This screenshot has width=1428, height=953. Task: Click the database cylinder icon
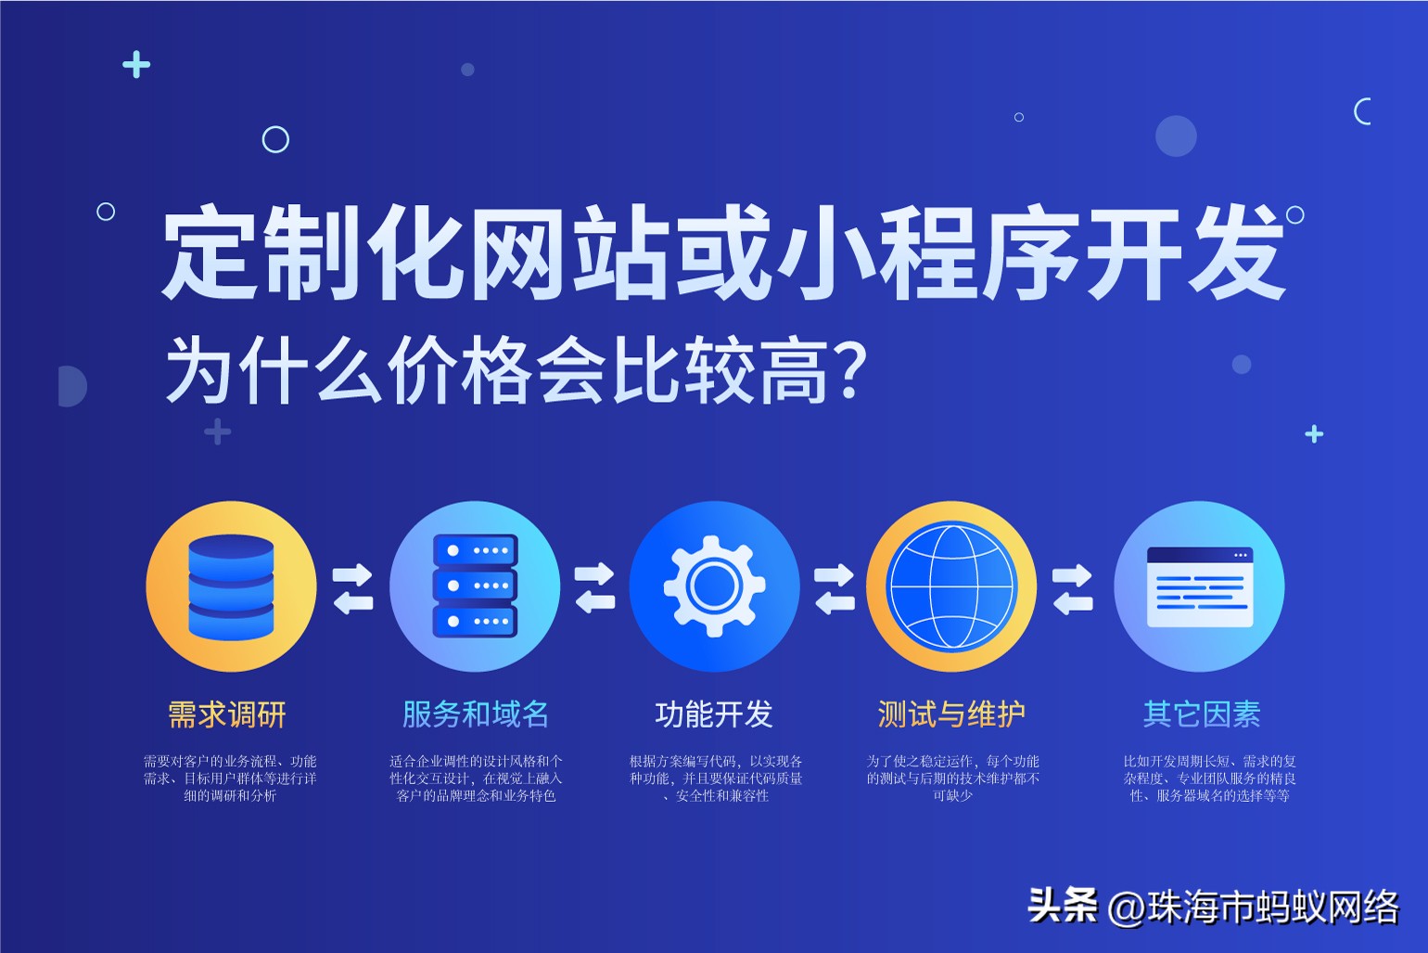231,586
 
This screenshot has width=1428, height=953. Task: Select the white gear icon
714,586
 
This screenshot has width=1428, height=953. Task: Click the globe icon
951,586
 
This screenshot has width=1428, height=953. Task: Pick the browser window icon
1200,586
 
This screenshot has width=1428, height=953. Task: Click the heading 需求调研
227,715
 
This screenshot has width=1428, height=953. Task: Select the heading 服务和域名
476,715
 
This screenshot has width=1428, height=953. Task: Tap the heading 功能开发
714,715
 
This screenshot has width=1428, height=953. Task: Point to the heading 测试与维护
951,715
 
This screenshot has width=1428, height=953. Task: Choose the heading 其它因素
1202,715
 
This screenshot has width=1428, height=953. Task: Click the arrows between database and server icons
352,588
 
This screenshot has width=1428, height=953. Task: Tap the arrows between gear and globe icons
835,588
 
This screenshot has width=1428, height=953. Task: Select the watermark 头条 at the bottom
1063,906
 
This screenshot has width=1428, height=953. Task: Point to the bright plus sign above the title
136,64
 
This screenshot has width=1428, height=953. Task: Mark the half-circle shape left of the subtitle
72,386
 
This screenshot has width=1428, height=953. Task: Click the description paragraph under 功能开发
715,779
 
